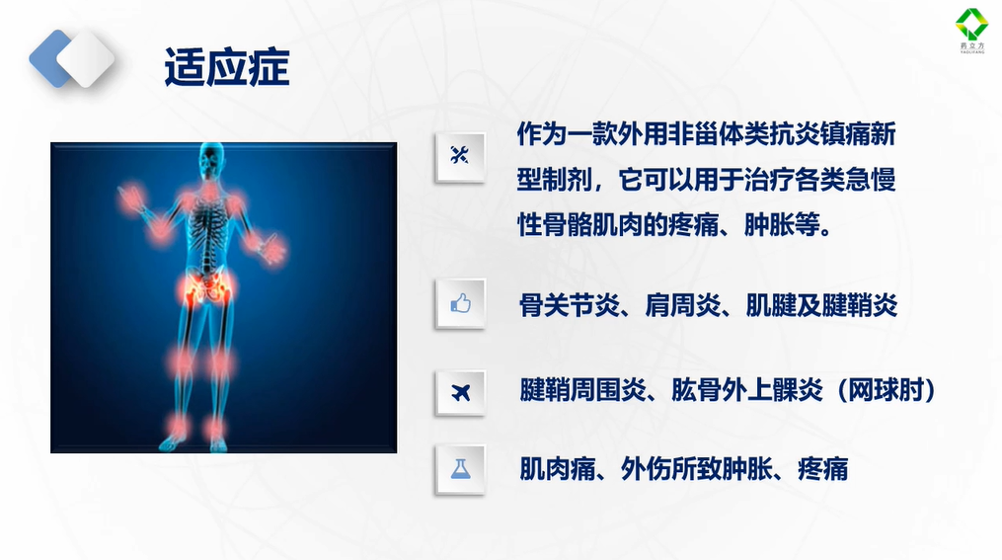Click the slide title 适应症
pyautogui.click(x=227, y=67)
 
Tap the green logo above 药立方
pyautogui.click(x=971, y=25)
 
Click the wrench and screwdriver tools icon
pyautogui.click(x=459, y=155)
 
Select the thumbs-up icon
pyautogui.click(x=460, y=303)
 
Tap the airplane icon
pyautogui.click(x=460, y=392)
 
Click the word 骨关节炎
pyautogui.click(x=569, y=305)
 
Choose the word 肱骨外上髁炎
pyautogui.click(x=747, y=390)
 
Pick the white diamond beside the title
pyautogui.click(x=86, y=58)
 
